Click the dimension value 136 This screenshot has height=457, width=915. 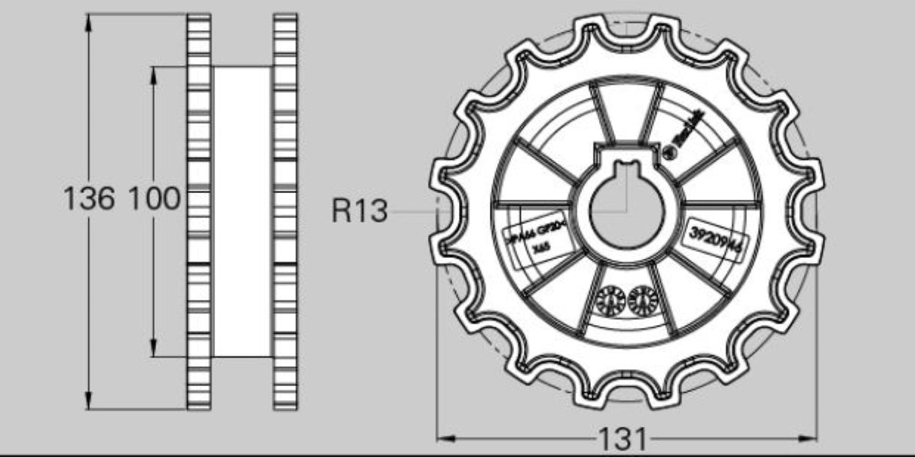click(x=89, y=200)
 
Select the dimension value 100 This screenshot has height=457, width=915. click(x=154, y=200)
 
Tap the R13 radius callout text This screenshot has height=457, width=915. click(x=360, y=211)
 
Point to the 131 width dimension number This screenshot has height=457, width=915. click(x=623, y=438)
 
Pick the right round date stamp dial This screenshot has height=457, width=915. click(x=642, y=299)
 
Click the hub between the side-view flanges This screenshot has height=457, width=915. click(x=241, y=211)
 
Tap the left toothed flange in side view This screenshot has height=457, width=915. click(x=199, y=211)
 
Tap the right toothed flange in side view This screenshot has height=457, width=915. click(x=285, y=211)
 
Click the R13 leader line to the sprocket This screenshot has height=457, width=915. click(x=415, y=212)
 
